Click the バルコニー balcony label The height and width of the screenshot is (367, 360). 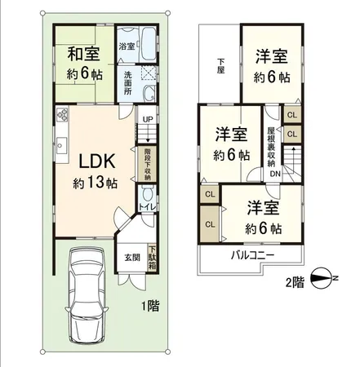pyautogui.click(x=251, y=256)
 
